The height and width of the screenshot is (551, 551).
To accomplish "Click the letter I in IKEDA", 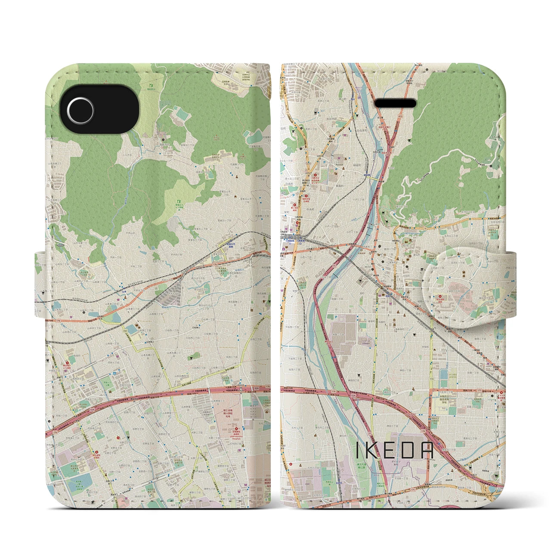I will pyautogui.click(x=358, y=452).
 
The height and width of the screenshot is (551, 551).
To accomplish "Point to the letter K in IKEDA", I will pyautogui.click(x=373, y=452).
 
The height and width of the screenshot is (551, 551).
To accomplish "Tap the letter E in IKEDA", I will pyautogui.click(x=390, y=452).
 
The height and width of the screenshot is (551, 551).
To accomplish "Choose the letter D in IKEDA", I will pyautogui.click(x=408, y=452).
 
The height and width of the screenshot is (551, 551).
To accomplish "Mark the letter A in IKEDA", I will pyautogui.click(x=426, y=452).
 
